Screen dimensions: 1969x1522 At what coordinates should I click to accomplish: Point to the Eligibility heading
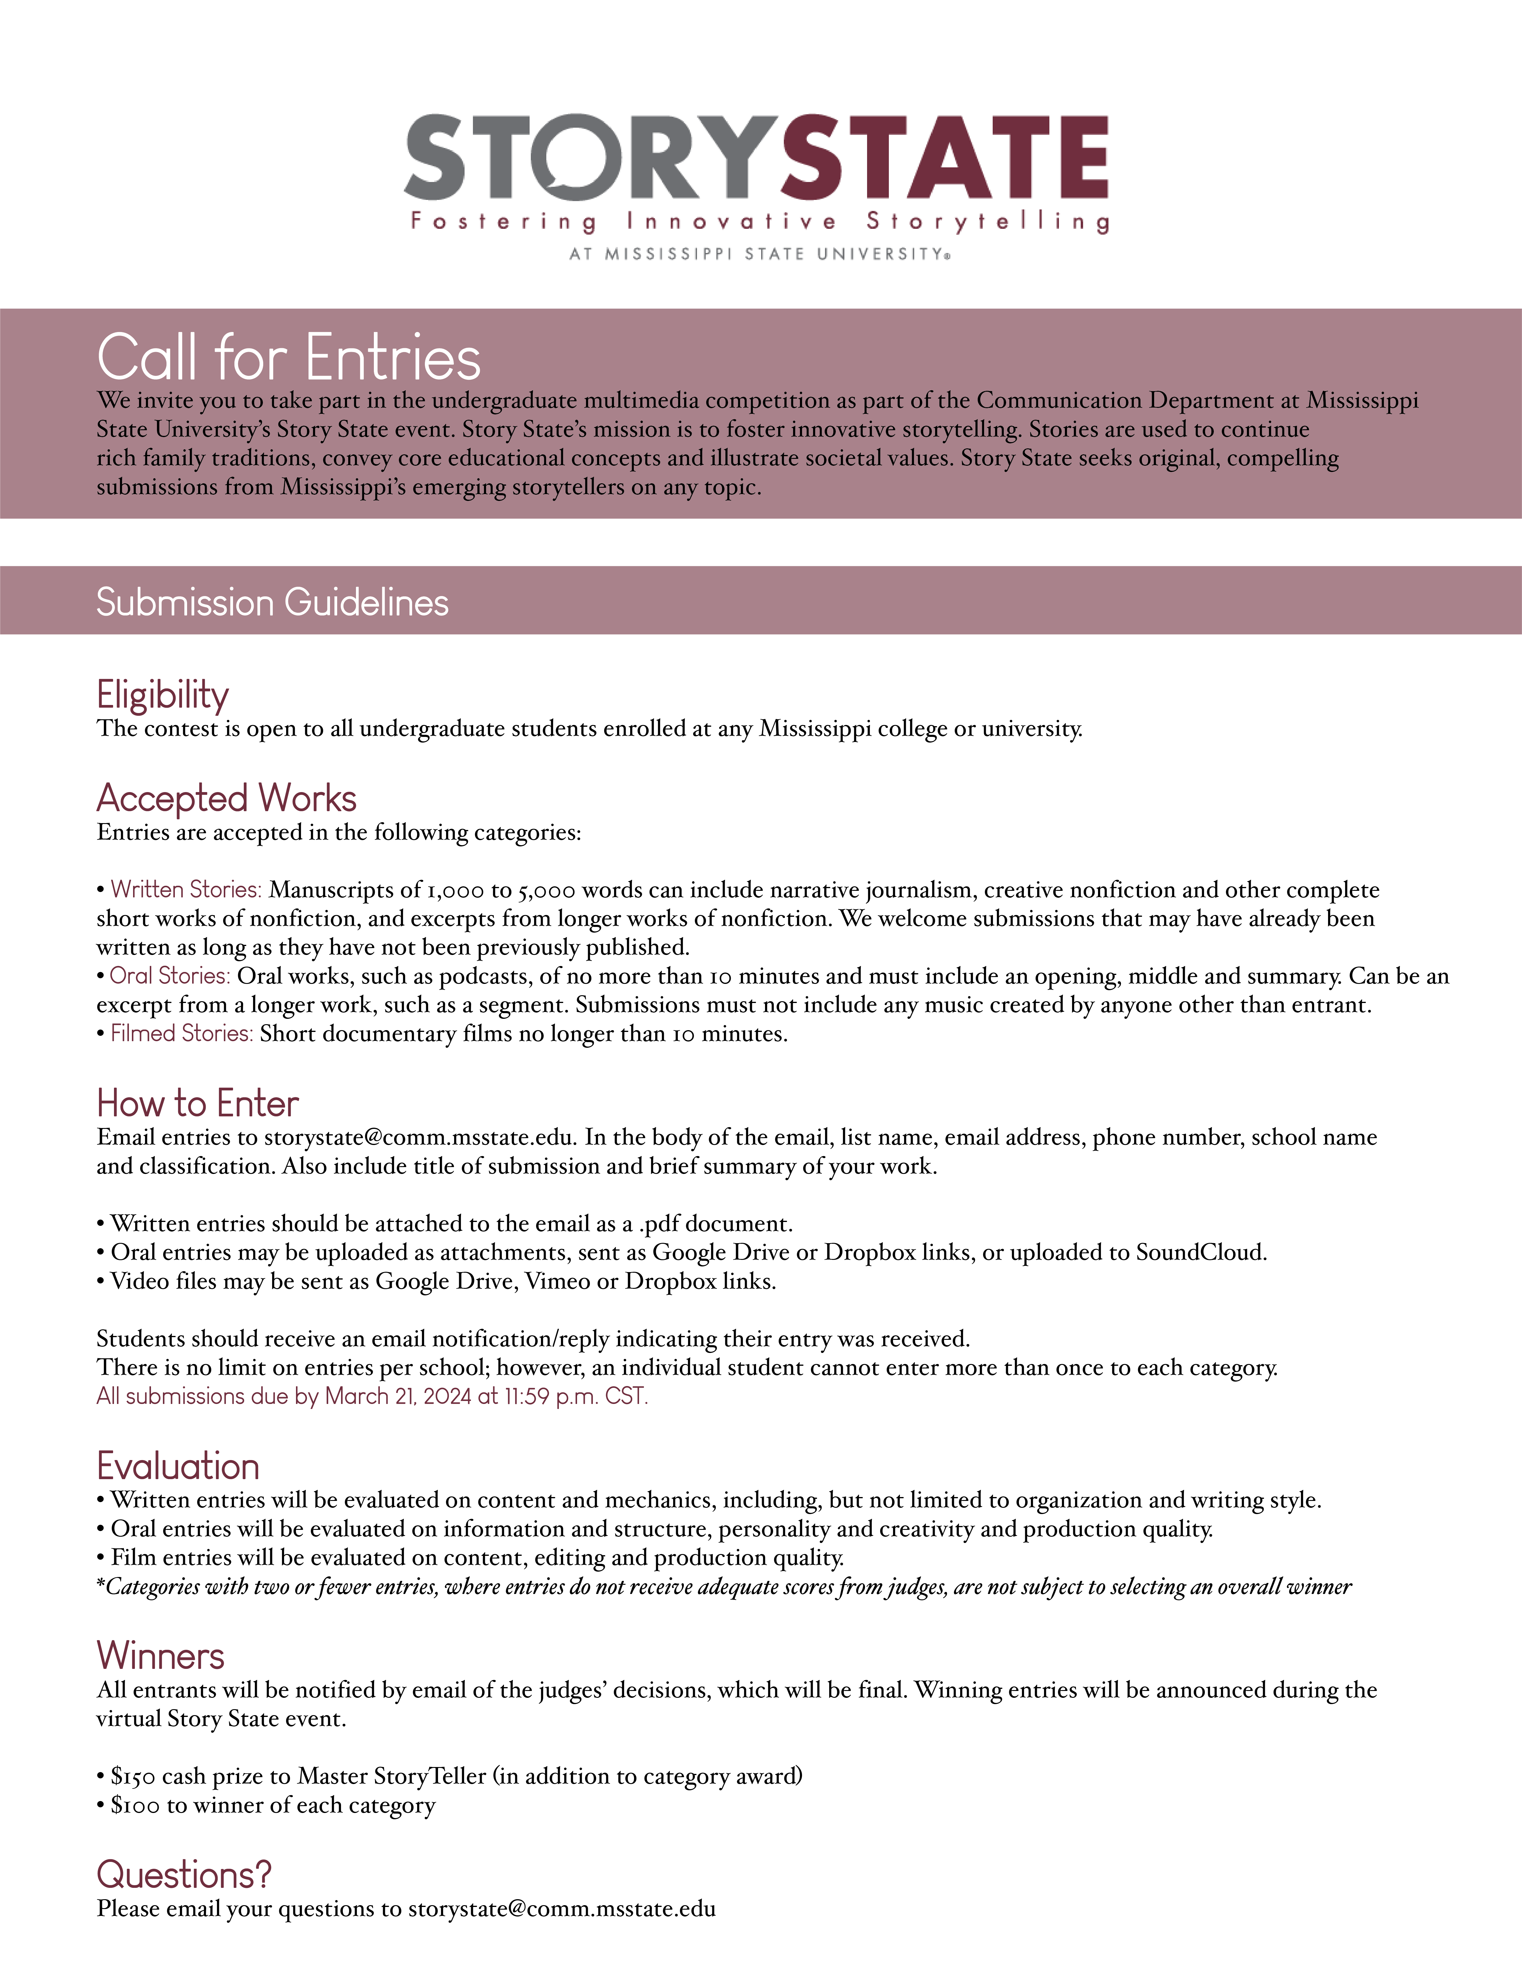(x=163, y=695)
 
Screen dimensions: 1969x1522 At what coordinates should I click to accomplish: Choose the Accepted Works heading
(x=226, y=799)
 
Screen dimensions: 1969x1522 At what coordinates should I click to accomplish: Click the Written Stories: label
(x=186, y=890)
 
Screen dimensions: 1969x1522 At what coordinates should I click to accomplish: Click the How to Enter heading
(x=198, y=1104)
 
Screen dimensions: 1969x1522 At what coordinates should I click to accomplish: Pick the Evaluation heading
(x=178, y=1467)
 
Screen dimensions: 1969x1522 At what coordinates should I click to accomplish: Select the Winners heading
(x=161, y=1656)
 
